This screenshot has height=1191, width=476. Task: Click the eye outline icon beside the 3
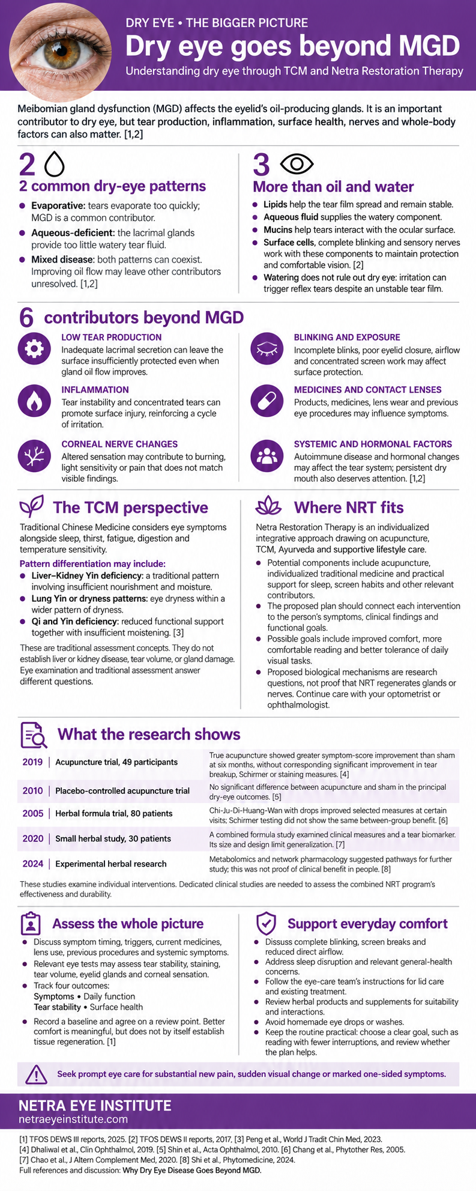(297, 163)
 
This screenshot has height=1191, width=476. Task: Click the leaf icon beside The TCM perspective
(32, 508)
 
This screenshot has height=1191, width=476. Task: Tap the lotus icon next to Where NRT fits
(268, 508)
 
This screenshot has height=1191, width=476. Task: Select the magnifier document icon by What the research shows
(34, 735)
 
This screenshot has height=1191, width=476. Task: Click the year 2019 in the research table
(33, 762)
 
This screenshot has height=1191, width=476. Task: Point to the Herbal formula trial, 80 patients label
(114, 813)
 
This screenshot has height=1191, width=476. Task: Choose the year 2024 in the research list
(33, 864)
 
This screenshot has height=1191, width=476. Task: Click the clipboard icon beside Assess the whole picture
(31, 923)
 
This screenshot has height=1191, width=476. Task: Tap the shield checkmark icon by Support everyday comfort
(266, 923)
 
